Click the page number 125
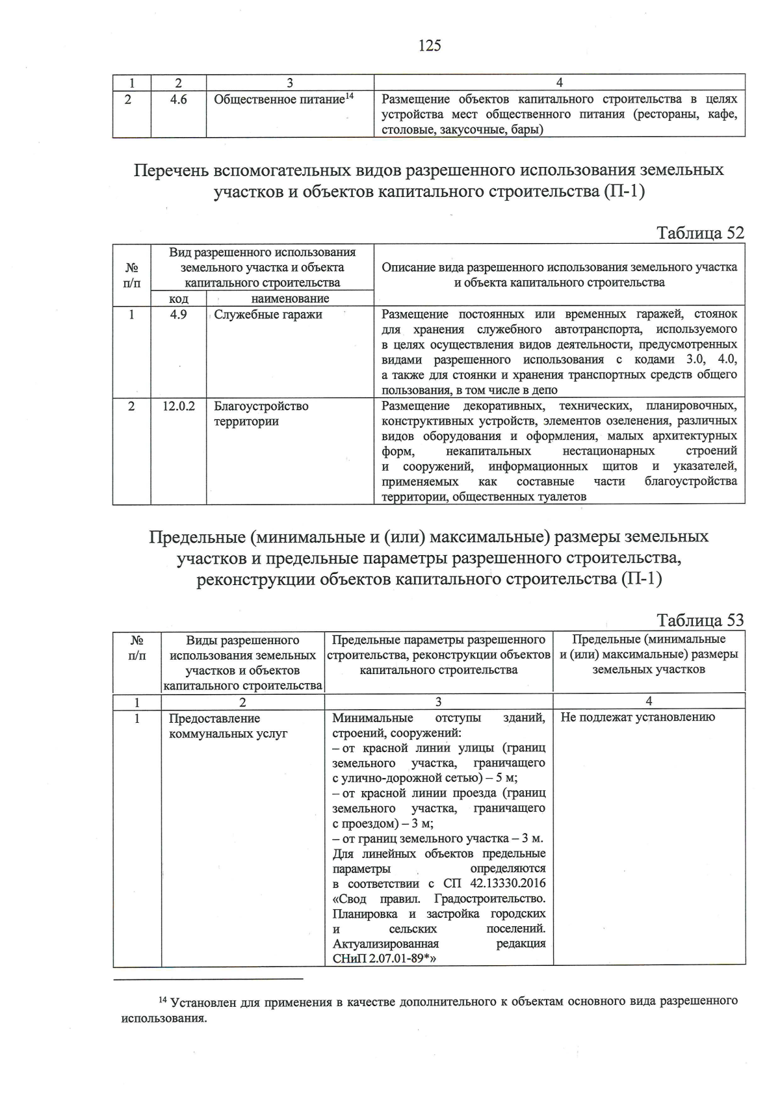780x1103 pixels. click(430, 45)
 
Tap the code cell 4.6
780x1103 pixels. click(178, 99)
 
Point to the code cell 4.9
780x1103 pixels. click(178, 315)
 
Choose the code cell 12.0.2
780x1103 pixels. click(179, 406)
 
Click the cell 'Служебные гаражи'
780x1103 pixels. click(268, 315)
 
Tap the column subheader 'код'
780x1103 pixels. click(178, 299)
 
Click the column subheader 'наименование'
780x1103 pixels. click(290, 299)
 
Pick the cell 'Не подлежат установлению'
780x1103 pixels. click(637, 717)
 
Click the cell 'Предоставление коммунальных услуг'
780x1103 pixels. click(227, 726)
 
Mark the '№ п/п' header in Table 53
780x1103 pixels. click(136, 647)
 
